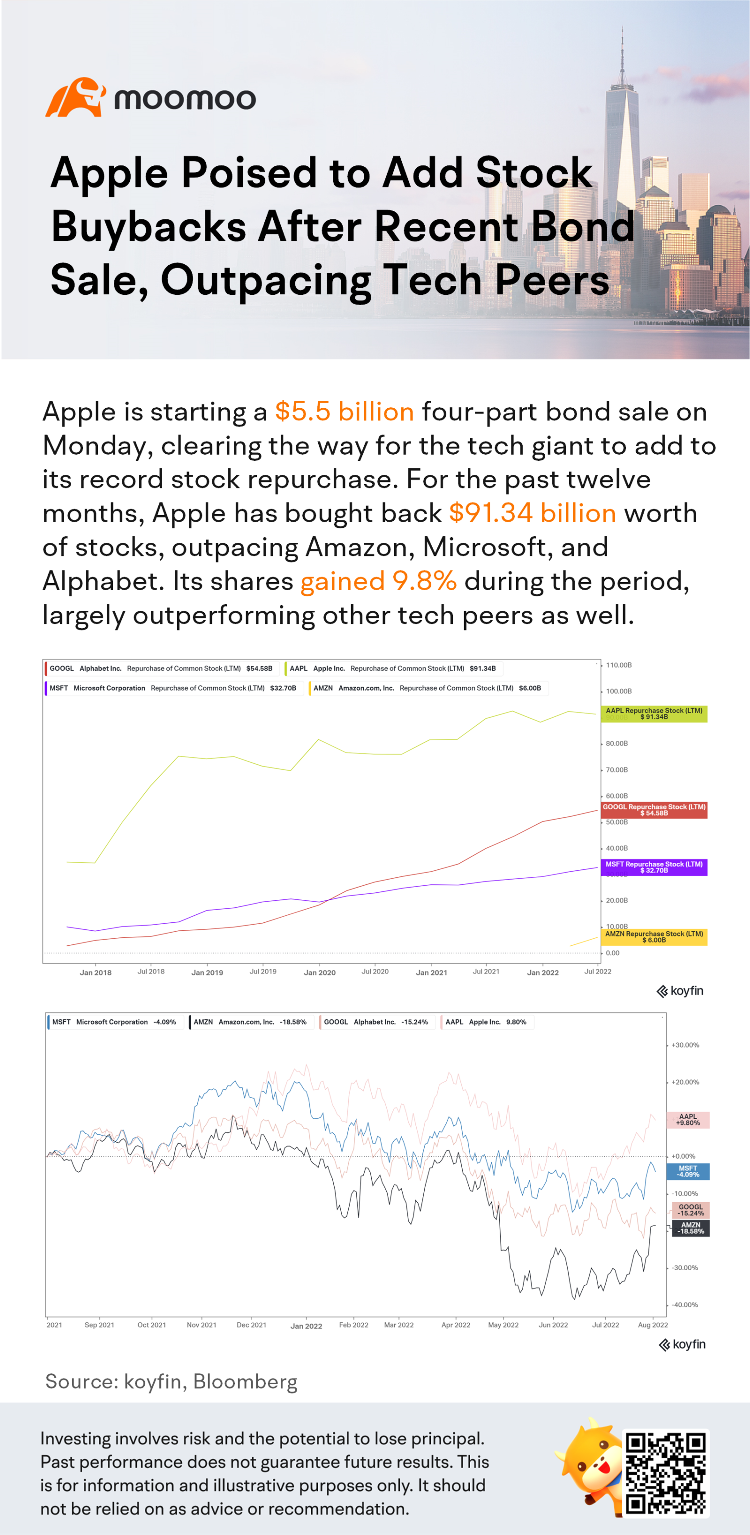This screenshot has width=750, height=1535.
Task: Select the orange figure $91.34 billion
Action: click(x=532, y=513)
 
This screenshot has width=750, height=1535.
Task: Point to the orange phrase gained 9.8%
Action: click(x=378, y=581)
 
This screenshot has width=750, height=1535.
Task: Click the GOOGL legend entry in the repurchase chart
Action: click(x=161, y=668)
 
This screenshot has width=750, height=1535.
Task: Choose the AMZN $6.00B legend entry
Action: click(x=427, y=688)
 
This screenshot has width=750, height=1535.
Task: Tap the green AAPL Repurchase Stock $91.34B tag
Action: click(x=653, y=713)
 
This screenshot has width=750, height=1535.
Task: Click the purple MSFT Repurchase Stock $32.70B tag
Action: click(x=653, y=867)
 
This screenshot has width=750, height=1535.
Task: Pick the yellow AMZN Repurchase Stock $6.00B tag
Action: click(x=653, y=937)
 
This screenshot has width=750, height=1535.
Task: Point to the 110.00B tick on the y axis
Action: click(x=618, y=665)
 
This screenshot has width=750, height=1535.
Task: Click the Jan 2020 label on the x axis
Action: click(x=319, y=973)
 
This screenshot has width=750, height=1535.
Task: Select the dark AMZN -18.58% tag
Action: click(x=690, y=1228)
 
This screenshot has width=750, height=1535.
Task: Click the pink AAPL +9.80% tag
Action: click(x=688, y=1120)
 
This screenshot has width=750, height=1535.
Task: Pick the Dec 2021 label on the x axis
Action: click(x=251, y=1325)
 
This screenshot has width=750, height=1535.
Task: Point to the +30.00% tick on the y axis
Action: click(x=685, y=1045)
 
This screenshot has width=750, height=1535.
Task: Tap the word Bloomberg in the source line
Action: click(x=245, y=1381)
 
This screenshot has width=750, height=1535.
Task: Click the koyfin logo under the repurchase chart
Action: click(x=680, y=991)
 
